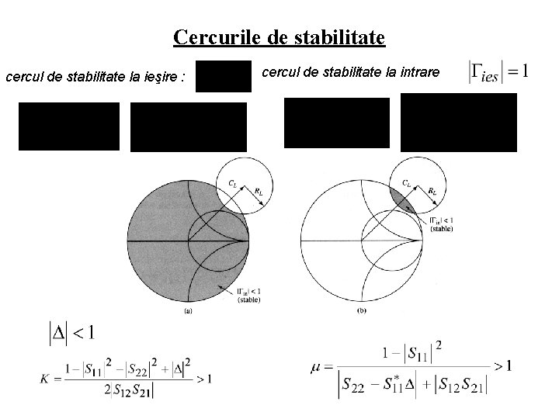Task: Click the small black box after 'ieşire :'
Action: click(224, 76)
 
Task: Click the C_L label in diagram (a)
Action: click(233, 182)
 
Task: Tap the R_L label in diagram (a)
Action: click(256, 189)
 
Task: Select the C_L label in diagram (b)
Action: click(407, 183)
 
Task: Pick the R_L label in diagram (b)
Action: click(431, 189)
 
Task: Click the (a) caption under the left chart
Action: click(188, 311)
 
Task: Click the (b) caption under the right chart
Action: click(362, 311)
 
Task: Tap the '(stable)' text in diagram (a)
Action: click(249, 299)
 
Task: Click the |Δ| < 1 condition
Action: click(71, 334)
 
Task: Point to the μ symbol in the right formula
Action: click(318, 365)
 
